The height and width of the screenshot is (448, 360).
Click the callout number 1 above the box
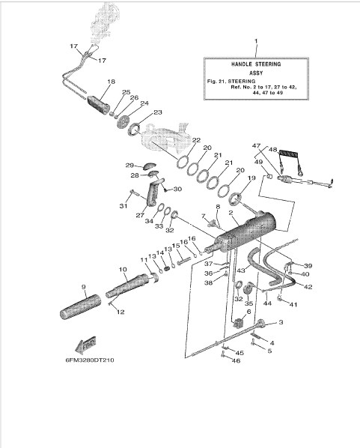coord(256,41)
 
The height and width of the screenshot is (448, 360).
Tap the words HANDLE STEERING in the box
coord(256,64)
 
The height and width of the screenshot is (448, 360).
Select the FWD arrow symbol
coord(85,345)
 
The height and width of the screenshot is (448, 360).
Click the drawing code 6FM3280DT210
coord(90,360)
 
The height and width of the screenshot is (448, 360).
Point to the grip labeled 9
coord(81,307)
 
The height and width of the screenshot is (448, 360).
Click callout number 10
coord(123,270)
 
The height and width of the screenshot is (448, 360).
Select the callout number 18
coord(111,82)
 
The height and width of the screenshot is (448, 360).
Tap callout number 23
coord(158,112)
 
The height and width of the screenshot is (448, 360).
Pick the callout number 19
coord(251,178)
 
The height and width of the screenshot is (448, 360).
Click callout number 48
coord(273,149)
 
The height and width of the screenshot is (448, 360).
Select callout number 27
coord(140,215)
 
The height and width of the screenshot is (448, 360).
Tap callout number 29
coord(129,166)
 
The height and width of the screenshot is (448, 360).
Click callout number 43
coord(241,270)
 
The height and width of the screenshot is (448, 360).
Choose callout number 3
coord(281,322)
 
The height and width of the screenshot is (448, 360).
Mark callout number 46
coord(236,360)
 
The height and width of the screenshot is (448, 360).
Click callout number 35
coord(249,303)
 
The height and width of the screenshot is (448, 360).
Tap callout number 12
coord(120,312)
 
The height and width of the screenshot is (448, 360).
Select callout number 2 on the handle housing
coord(231,213)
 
